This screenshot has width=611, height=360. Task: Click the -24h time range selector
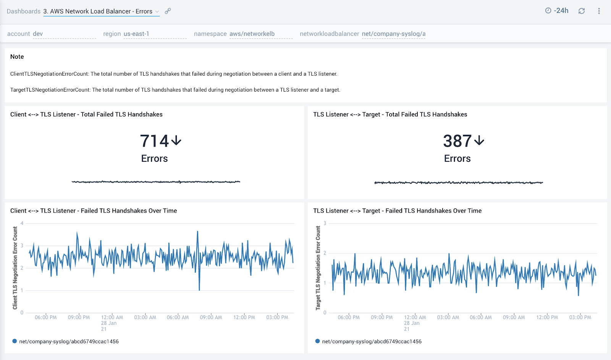[x=557, y=11]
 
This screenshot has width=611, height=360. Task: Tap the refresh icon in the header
[x=582, y=11]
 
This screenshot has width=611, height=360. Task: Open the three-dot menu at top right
[x=599, y=11]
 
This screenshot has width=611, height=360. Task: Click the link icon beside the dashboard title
[x=168, y=11]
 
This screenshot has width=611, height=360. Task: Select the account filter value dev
[x=38, y=34]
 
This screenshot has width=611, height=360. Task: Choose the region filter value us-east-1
[x=136, y=34]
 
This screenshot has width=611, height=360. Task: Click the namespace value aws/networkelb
[x=252, y=34]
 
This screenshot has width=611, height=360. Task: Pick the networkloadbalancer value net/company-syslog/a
[x=393, y=34]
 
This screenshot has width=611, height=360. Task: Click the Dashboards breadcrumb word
[x=23, y=11]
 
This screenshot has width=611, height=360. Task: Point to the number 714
[x=154, y=141]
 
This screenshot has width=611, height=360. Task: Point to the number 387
[x=457, y=141]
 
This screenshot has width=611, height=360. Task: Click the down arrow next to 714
[x=176, y=141]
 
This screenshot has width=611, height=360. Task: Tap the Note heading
[x=17, y=57]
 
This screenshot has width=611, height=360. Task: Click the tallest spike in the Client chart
[x=197, y=231]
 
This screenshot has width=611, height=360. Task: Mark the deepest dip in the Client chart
[x=199, y=290]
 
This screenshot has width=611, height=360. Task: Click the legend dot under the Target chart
[x=317, y=341]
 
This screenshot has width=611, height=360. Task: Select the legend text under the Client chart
[x=69, y=341]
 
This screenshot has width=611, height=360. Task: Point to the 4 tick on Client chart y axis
[x=22, y=223]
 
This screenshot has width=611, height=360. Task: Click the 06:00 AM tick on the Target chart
[x=481, y=317]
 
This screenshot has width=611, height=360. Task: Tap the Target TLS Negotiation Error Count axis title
[x=318, y=268]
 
